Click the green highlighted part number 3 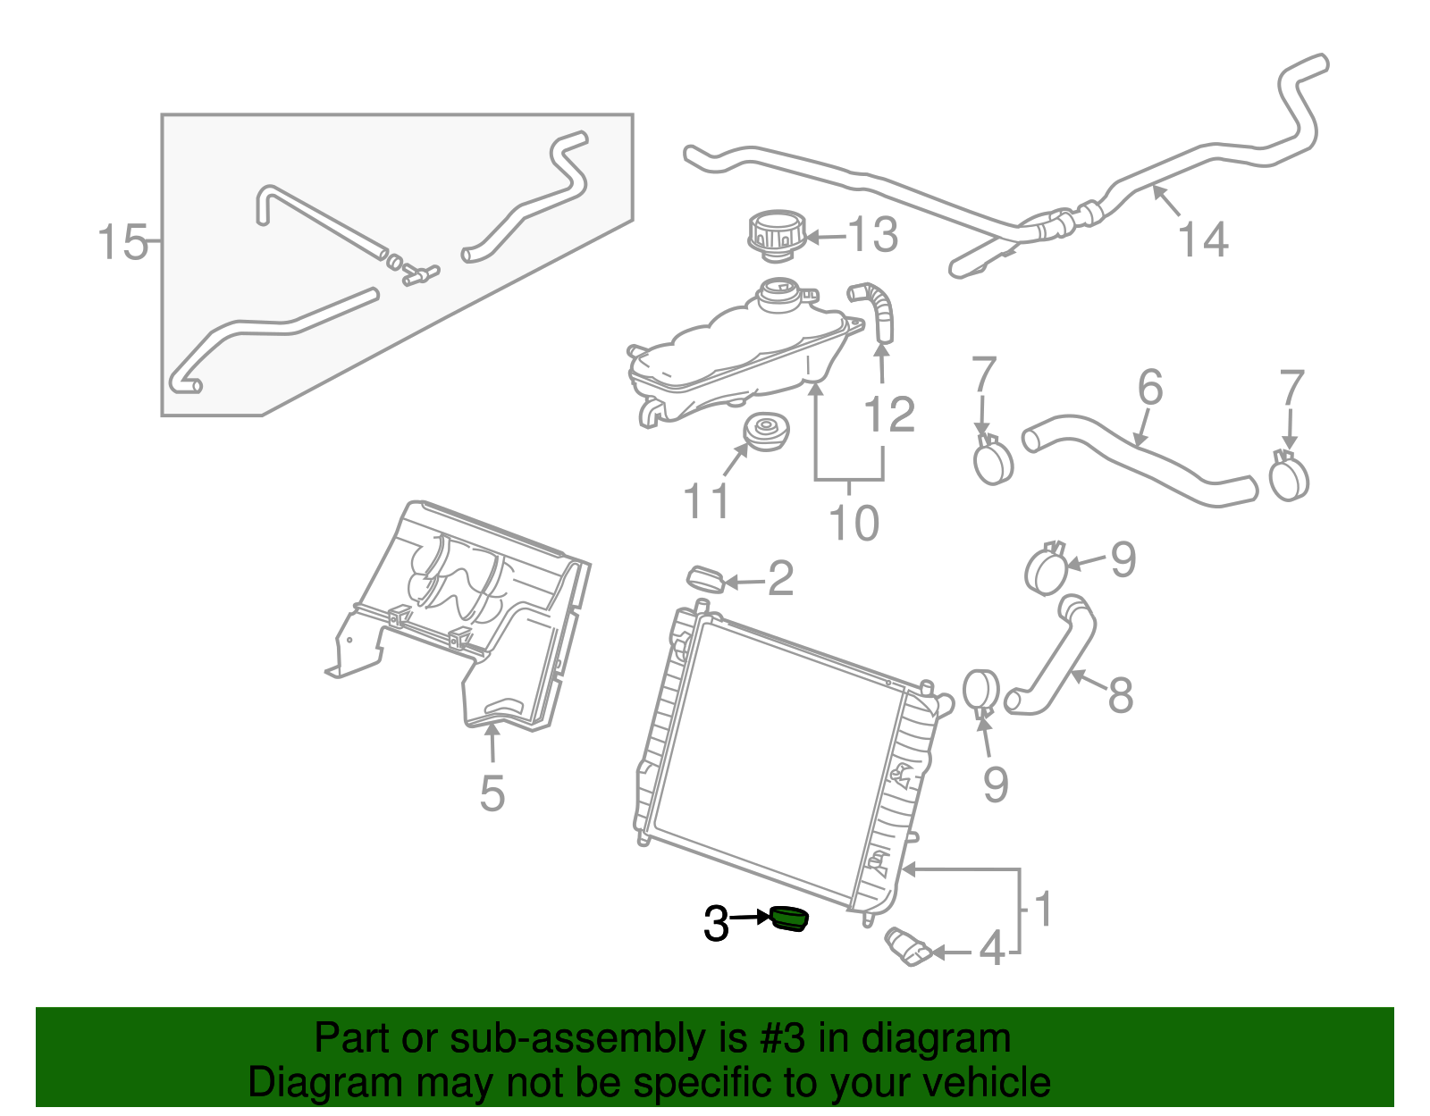point(789,918)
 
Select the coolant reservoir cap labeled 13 point(776,234)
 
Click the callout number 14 point(1203,239)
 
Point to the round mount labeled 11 point(766,433)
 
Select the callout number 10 point(854,523)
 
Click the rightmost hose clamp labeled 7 point(1288,476)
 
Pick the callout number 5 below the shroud point(492,793)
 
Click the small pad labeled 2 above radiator point(705,578)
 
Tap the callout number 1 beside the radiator point(1042,909)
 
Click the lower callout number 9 point(995,784)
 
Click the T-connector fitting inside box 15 point(416,273)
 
